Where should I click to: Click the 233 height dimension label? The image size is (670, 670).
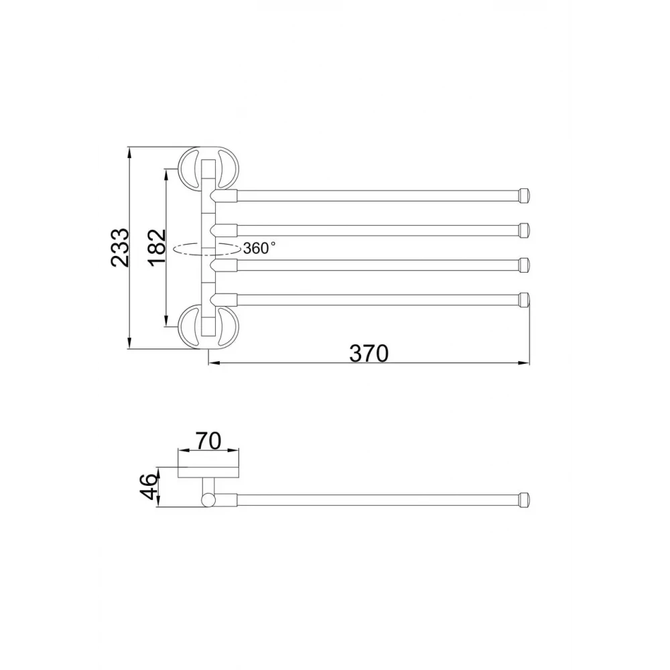119,248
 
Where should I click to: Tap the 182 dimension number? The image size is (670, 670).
157,248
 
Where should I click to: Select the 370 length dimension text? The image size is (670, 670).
368,353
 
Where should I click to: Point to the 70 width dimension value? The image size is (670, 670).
208,441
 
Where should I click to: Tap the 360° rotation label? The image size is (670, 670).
259,248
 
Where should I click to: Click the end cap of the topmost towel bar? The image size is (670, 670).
524,195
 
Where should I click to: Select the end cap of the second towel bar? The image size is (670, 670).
524,230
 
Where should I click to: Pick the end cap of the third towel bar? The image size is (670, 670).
524,265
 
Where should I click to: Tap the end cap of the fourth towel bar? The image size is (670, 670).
524,299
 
